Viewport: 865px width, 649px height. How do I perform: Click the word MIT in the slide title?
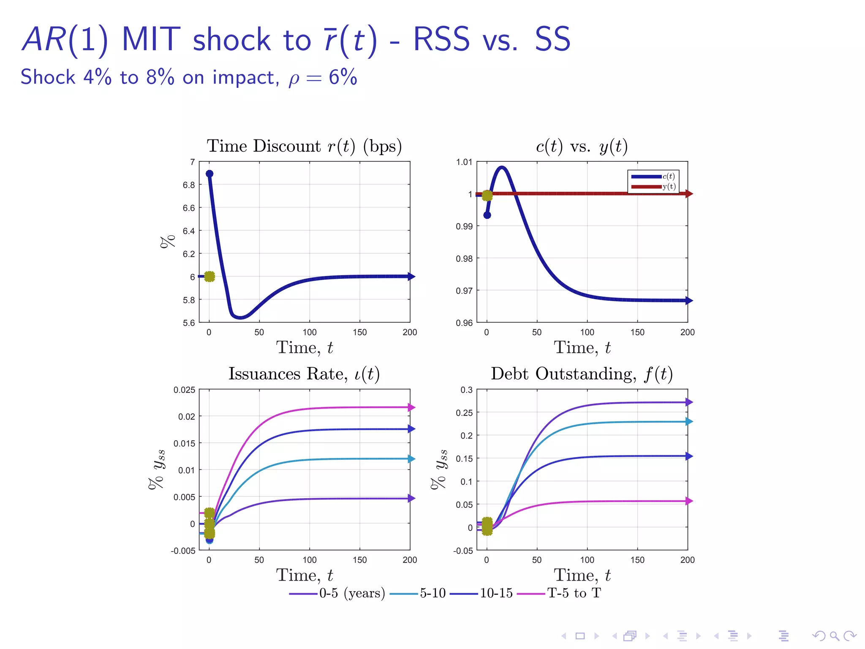151,40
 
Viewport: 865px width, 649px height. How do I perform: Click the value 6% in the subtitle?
343,77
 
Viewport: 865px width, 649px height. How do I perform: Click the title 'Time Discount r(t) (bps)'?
304,146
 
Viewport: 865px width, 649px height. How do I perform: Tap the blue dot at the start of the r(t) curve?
209,174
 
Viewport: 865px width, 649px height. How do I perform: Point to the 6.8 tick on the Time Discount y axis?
189,185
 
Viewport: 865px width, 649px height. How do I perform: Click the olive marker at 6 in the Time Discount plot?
209,277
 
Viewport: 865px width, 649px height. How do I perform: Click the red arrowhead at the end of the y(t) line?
689,194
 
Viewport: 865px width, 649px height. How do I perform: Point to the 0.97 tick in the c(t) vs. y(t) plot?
464,291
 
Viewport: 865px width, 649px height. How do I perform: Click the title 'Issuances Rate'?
304,374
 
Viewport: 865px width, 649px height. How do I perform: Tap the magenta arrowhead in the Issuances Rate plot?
412,408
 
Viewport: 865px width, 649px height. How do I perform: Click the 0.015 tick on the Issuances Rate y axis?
184,443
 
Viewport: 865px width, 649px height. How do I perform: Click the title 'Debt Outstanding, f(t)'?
582,374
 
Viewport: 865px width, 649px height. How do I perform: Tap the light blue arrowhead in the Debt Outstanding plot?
689,422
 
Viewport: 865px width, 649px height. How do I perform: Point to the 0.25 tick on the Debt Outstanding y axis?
464,413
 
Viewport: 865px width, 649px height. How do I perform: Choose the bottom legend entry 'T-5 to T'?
574,593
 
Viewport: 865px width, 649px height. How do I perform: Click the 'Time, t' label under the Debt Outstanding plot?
582,575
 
